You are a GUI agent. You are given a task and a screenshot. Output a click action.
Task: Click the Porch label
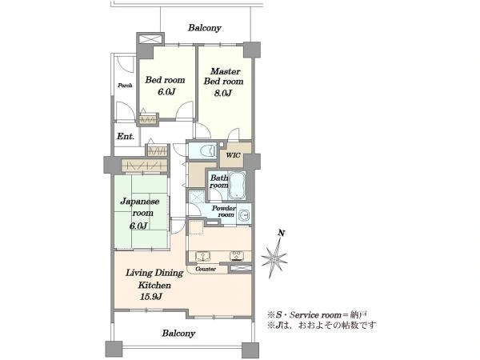click(125, 86)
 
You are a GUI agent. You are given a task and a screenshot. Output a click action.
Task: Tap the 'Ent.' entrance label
click(126, 136)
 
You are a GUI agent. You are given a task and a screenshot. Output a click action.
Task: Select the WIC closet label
click(233, 155)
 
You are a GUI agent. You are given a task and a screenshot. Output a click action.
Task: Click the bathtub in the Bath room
click(238, 185)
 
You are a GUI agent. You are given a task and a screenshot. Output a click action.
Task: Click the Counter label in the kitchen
click(206, 269)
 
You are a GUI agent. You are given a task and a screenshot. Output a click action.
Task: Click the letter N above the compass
click(282, 234)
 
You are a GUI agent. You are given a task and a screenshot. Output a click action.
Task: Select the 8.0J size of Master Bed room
click(222, 93)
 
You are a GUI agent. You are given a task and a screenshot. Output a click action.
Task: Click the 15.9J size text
click(150, 297)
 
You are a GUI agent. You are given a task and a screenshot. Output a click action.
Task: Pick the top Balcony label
click(205, 28)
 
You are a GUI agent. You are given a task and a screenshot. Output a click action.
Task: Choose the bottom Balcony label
click(178, 333)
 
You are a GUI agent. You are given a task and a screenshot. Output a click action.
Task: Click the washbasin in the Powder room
click(245, 215)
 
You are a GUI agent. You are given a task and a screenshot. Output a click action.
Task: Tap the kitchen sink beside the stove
click(201, 256)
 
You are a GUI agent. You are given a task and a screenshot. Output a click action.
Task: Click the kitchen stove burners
click(237, 256)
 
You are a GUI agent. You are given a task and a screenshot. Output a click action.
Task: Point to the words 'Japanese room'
click(140, 207)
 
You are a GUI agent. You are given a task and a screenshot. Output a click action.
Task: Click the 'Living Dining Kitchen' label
click(154, 278)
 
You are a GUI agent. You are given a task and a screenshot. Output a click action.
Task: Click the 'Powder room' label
click(224, 211)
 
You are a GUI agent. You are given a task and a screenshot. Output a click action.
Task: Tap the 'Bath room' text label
click(219, 182)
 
